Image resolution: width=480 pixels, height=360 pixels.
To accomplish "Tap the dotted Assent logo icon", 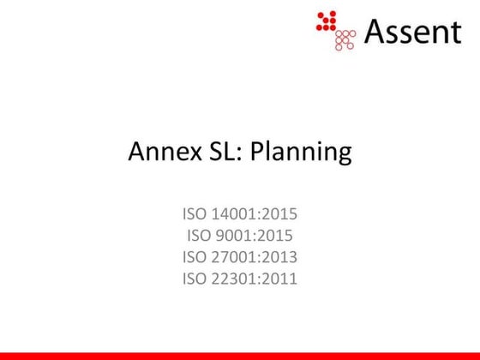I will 336,30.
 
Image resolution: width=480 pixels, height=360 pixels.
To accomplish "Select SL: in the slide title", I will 222,153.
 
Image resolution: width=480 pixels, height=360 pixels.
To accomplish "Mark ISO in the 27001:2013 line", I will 194,256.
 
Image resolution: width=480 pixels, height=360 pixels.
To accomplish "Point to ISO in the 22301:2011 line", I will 194,277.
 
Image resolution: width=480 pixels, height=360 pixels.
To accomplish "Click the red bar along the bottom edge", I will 240,355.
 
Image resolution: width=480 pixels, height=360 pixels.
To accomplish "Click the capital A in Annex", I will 136,153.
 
